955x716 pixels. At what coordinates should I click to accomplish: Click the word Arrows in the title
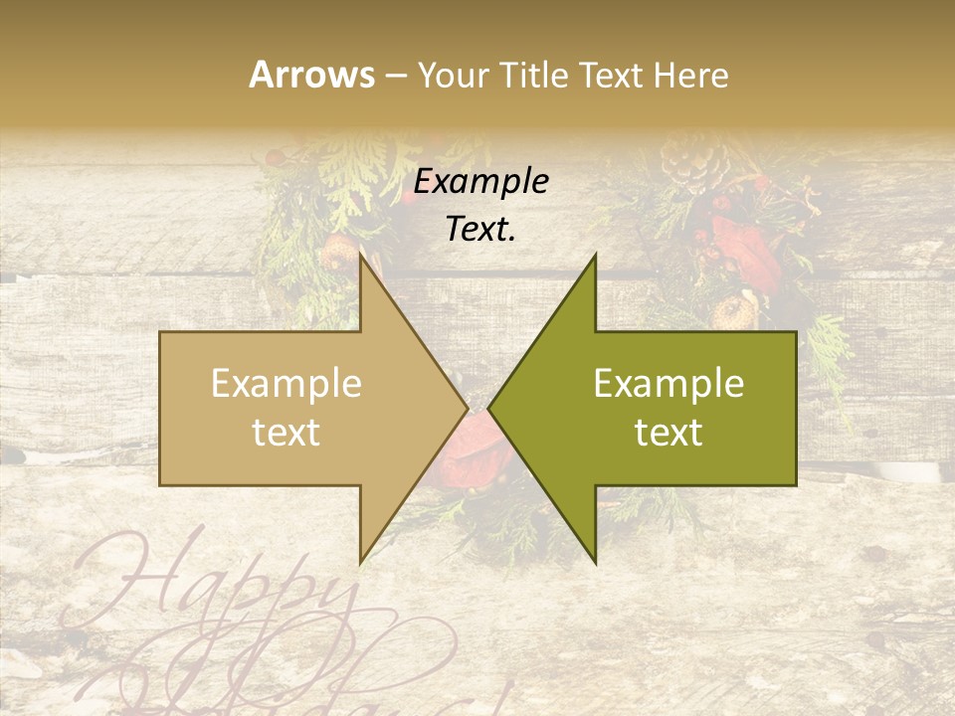[x=311, y=75]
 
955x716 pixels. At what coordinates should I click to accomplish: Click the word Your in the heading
[x=454, y=75]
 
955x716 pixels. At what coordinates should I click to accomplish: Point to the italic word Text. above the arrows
[x=480, y=230]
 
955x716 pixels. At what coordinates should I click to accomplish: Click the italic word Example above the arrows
[x=480, y=181]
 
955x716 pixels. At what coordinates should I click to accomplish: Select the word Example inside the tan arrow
[x=286, y=384]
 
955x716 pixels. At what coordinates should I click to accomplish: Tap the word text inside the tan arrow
[x=286, y=433]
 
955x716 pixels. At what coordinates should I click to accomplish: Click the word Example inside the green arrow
[x=668, y=384]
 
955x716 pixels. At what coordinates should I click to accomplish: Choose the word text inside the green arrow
[x=668, y=433]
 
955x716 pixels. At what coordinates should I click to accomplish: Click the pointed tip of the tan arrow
[x=467, y=408]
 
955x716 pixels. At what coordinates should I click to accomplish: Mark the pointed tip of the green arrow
[x=489, y=408]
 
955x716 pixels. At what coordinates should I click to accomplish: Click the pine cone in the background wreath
[x=685, y=159]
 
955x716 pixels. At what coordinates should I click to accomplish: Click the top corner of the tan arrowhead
[x=360, y=256]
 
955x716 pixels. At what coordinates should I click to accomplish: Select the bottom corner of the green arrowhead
[x=596, y=562]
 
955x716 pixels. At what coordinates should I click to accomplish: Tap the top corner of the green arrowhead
[x=596, y=256]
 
